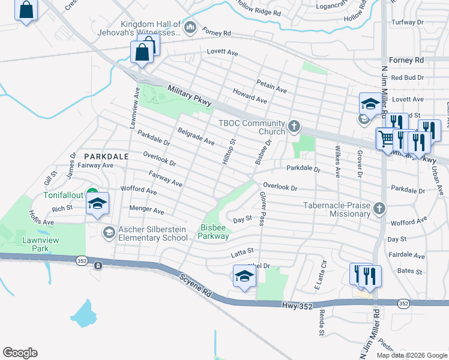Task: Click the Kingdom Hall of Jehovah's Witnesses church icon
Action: (190, 26)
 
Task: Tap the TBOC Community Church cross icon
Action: (294, 126)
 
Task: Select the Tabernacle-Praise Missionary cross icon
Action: (379, 208)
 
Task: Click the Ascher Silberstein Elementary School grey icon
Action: (109, 232)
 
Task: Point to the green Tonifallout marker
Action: (92, 194)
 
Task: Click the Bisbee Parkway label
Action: (215, 232)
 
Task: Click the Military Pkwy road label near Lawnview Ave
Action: (190, 97)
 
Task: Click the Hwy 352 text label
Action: (297, 306)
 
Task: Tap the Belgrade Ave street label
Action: (196, 136)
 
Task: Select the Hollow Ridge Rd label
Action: (259, 7)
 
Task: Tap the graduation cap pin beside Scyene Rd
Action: (244, 276)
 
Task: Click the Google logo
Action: (20, 353)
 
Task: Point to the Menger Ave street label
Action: (146, 211)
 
